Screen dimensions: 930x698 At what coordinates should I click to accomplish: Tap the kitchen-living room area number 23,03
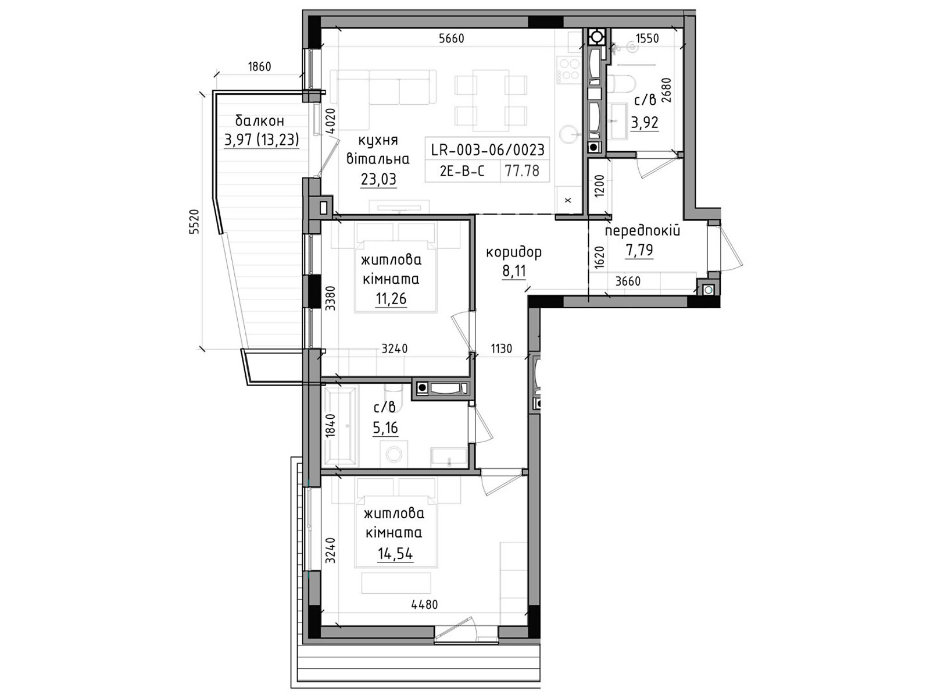pos(378,179)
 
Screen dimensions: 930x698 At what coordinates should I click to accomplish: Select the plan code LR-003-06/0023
pos(488,149)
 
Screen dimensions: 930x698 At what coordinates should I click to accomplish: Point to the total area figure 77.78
pos(522,171)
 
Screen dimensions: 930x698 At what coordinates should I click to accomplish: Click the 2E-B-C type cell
pos(462,171)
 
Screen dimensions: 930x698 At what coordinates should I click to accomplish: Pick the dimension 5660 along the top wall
pos(452,38)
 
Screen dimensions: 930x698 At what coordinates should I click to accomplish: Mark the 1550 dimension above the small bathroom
pos(648,38)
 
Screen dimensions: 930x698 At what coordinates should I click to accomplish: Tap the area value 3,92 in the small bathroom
pos(645,123)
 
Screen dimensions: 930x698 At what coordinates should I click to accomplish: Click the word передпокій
pos(642,231)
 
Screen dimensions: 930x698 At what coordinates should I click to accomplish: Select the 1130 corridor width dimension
pos(501,349)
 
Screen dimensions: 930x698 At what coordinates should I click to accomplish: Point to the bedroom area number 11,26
pos(391,299)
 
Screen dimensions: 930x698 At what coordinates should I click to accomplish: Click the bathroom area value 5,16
pos(385,428)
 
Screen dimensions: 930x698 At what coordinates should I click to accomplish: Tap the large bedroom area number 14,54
pos(395,554)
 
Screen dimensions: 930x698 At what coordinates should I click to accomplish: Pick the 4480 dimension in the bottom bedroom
pos(424,605)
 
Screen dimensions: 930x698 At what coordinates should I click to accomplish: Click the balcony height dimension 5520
pos(194,222)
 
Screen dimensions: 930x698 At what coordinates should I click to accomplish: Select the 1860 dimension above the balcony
pos(259,66)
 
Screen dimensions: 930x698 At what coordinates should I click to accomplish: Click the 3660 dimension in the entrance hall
pos(628,281)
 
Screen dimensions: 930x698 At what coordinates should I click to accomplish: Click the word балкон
pos(259,121)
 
